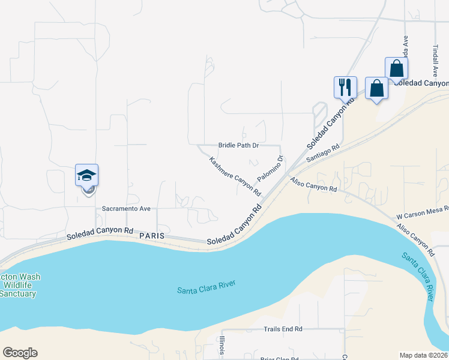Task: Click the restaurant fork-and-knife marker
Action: [345, 87]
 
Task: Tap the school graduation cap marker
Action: [86, 175]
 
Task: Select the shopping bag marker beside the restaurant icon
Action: [376, 89]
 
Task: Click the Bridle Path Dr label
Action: [238, 146]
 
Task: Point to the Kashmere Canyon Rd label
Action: [235, 176]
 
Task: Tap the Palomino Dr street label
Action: [271, 169]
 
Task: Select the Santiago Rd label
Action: [323, 152]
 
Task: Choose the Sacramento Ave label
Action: [125, 209]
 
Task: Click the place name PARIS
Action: [151, 236]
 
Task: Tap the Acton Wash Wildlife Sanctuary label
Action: [19, 285]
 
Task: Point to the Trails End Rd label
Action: [283, 329]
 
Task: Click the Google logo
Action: [20, 353]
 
